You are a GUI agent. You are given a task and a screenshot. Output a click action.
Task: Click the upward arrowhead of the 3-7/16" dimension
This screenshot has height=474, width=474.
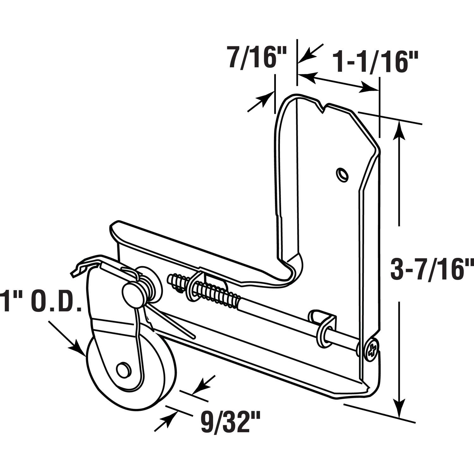click(400, 130)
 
